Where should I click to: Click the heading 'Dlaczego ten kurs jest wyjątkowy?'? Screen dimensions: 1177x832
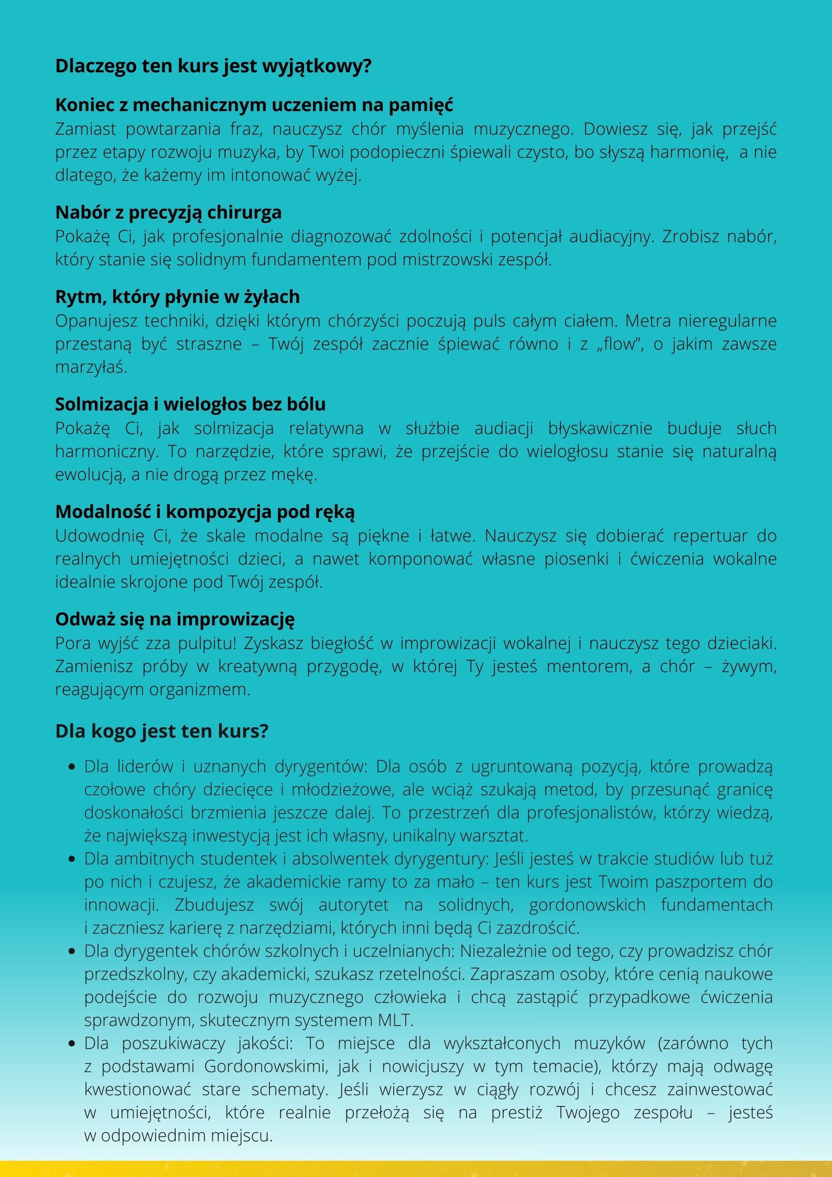pyautogui.click(x=213, y=67)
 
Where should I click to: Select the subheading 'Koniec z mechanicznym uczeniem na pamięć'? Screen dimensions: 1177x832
pyautogui.click(x=254, y=105)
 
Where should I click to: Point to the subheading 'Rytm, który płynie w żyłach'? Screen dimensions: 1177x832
pyautogui.click(x=177, y=297)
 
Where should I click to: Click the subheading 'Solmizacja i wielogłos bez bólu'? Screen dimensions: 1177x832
pyautogui.click(x=190, y=404)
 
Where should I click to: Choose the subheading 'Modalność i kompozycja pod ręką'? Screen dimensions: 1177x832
pyautogui.click(x=205, y=512)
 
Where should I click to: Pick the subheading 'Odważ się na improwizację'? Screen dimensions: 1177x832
pyautogui.click(x=175, y=619)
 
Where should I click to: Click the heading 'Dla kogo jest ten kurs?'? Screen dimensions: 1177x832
pyautogui.click(x=161, y=731)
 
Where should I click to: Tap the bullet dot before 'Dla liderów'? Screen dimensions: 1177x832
pyautogui.click(x=72, y=767)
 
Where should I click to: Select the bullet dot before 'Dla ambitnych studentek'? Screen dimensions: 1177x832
pyautogui.click(x=72, y=859)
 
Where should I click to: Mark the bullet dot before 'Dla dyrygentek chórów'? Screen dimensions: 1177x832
pyautogui.click(x=72, y=952)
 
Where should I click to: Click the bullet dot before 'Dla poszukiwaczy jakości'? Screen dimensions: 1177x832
pyautogui.click(x=72, y=1043)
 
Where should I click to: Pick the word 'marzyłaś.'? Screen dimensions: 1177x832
pyautogui.click(x=91, y=367)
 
